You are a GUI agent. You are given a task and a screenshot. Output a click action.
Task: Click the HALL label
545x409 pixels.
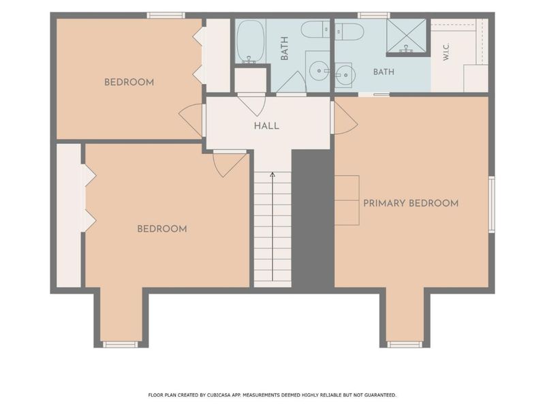[x=266, y=125]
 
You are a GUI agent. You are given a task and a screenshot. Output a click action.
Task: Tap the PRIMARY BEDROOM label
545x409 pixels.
[x=411, y=203]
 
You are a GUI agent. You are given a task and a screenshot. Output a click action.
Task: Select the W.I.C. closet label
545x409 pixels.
[x=447, y=52]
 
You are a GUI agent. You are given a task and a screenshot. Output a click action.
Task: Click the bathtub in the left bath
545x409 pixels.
[x=251, y=42]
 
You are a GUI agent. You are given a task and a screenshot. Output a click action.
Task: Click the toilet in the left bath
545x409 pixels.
[x=315, y=30]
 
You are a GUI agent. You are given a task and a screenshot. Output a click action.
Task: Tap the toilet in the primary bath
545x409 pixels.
[x=349, y=32]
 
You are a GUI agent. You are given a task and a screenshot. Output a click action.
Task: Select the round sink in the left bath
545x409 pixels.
[x=319, y=71]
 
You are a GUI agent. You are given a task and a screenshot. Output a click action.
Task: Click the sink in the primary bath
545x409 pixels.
[x=345, y=74]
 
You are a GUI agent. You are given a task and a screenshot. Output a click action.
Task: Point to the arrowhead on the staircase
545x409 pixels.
[x=272, y=175]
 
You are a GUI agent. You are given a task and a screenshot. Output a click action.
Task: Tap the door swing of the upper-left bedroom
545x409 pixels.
[x=191, y=121]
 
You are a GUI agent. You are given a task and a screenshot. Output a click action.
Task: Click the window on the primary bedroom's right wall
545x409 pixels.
[x=491, y=204]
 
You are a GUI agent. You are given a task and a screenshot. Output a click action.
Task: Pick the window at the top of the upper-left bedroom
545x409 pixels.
[x=166, y=15]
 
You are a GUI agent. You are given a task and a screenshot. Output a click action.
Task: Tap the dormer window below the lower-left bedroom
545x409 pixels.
[x=121, y=344]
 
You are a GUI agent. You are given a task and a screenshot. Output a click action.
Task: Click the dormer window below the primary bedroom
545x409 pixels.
[x=405, y=344]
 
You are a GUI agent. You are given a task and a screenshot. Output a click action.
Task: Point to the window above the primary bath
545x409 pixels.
[x=374, y=15]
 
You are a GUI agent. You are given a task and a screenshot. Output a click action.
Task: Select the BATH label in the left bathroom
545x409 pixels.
[x=284, y=48]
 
